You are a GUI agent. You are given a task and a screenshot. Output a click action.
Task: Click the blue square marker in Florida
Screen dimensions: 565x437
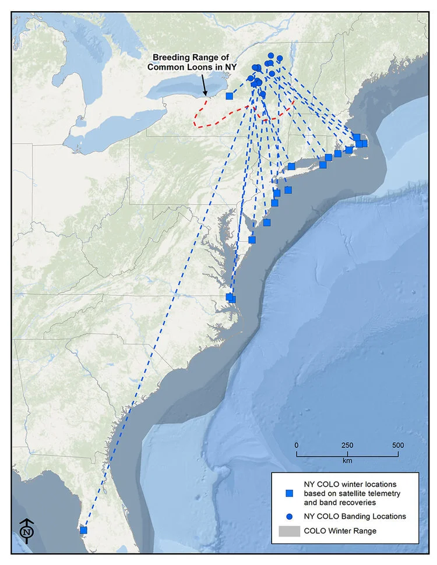point(83,530)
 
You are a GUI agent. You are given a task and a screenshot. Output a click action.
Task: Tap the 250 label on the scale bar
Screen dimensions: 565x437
point(347,445)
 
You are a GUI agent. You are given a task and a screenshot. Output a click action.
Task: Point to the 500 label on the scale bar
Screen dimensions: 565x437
point(398,445)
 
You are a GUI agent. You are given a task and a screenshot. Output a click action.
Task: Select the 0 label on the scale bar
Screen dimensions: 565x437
point(297,445)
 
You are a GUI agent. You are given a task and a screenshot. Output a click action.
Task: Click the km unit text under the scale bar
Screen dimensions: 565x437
point(347,461)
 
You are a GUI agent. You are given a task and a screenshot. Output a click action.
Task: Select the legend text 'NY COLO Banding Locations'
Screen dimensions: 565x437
point(355,516)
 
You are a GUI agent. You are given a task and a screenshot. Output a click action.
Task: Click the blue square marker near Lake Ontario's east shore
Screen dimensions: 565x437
point(230,96)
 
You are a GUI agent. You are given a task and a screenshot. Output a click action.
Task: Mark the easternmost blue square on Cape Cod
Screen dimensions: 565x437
point(364,143)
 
